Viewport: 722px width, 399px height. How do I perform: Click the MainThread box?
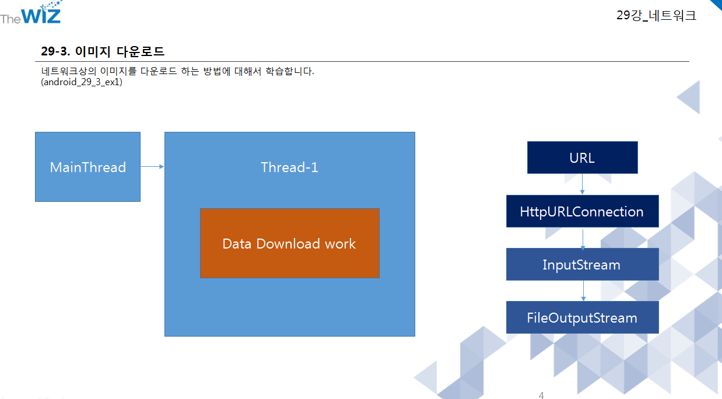87,167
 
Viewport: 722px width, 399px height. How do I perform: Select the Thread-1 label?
289,167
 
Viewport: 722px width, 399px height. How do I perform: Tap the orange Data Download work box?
289,243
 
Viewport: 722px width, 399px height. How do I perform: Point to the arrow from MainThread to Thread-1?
152,167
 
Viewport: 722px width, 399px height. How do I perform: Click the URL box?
582,157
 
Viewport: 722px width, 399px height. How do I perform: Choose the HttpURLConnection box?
582,211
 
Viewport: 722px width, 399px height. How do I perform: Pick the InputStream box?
582,264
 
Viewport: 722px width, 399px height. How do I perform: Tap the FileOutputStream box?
582,317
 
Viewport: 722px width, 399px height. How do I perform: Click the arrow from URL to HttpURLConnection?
583,184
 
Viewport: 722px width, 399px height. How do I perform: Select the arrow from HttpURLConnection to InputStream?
583,237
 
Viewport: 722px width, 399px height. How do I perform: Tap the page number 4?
541,395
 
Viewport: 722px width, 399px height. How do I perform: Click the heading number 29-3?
55,51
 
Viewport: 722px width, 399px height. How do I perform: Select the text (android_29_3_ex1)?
82,82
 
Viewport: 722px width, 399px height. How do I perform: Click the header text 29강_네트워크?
656,16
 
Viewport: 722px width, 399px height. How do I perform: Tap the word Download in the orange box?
289,243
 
